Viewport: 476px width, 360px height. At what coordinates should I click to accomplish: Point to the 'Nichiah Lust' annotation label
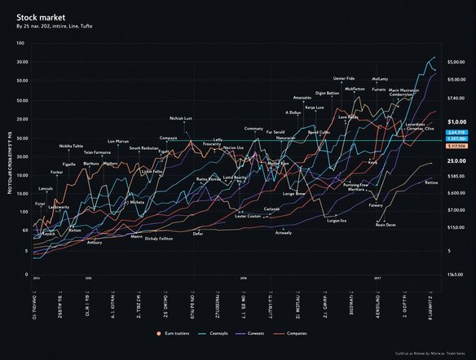(x=181, y=118)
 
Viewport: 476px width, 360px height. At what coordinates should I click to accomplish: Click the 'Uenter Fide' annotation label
(x=344, y=79)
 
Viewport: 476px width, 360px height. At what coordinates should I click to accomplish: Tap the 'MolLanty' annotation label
(x=380, y=79)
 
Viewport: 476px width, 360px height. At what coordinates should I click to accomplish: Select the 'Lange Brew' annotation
(x=293, y=194)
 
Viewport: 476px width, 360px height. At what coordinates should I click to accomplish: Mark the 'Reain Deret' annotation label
(x=386, y=224)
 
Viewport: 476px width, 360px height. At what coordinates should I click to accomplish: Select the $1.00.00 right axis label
(x=455, y=121)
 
